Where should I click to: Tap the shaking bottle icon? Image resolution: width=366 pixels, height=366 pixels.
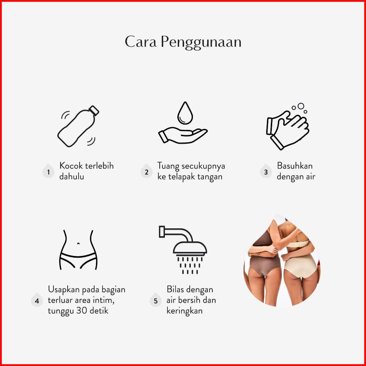pos(78,126)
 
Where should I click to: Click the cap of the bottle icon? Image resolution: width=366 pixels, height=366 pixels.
pos(94,110)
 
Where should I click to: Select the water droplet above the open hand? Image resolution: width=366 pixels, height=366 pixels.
pos(185,113)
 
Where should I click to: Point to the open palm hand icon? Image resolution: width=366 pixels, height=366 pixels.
pos(183,135)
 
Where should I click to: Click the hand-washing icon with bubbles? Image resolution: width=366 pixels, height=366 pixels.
pos(287,126)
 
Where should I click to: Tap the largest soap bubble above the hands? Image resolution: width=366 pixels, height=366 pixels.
pos(301,106)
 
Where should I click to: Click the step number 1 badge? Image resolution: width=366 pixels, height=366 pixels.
pos(48,172)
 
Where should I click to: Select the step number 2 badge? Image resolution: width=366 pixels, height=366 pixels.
pos(146,172)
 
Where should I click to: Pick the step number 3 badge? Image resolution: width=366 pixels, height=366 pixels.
pos(266,172)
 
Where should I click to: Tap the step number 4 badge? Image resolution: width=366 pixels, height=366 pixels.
pos(37,300)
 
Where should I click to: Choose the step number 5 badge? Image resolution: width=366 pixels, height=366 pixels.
pos(156,300)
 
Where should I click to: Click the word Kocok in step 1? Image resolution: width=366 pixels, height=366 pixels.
pos(71,166)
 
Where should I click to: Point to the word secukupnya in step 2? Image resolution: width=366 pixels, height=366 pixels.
pos(203,166)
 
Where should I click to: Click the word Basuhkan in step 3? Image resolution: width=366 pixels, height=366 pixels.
pos(295,166)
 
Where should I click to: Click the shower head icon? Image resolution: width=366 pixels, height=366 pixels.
pos(183,250)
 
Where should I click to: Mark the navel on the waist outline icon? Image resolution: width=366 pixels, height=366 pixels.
pos(79,244)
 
